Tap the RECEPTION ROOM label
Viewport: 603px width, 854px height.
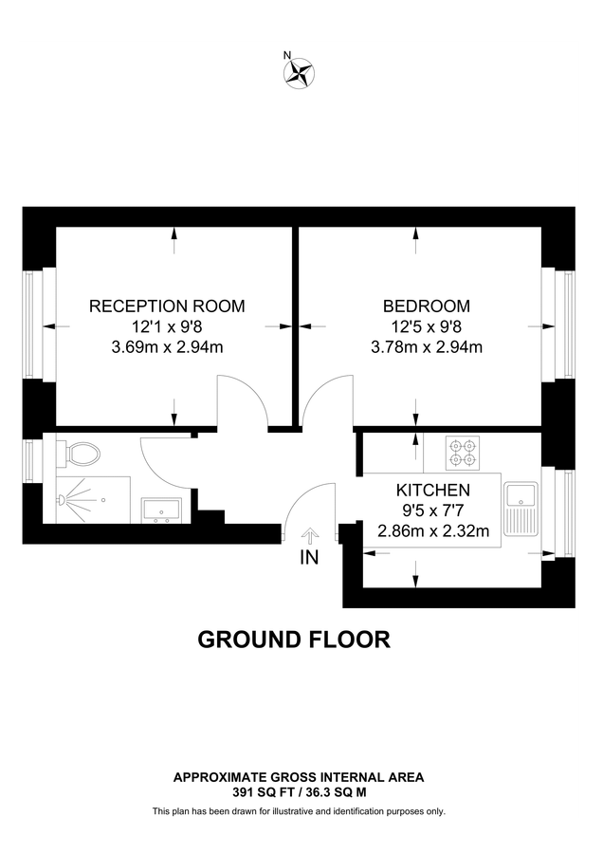167,306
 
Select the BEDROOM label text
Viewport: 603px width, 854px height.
426,306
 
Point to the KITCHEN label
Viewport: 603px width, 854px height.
432,491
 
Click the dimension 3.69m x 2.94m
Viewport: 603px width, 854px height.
167,346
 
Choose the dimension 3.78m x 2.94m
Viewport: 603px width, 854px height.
426,346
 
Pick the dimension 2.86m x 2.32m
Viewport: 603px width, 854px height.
432,530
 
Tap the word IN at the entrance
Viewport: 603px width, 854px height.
309,558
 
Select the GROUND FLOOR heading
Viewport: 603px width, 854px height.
293,639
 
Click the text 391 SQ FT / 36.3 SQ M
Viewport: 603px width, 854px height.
298,789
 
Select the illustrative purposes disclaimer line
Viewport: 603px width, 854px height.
299,811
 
